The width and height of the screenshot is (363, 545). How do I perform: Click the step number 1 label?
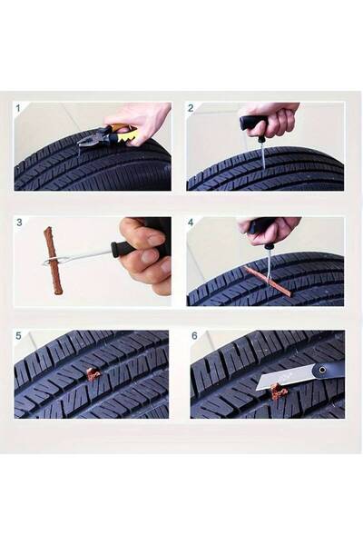[18, 108]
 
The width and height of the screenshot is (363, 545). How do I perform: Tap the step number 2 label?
[191, 108]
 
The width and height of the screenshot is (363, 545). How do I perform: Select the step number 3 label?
[19, 223]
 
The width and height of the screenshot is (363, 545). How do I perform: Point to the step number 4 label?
[191, 223]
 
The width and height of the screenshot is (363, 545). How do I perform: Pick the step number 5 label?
[18, 336]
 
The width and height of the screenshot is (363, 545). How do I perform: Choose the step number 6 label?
[194, 336]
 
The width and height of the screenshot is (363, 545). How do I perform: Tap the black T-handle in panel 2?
[253, 123]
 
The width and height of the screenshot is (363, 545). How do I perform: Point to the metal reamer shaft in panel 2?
[262, 154]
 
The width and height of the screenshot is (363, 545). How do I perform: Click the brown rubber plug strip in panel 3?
[54, 261]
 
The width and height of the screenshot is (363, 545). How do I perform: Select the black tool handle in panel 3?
[123, 248]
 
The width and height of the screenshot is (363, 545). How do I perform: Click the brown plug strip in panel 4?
[268, 282]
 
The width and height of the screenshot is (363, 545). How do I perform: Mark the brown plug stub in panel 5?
[93, 374]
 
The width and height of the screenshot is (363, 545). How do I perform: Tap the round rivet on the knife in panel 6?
[323, 370]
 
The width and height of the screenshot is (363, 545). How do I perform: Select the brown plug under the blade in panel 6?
[279, 391]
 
